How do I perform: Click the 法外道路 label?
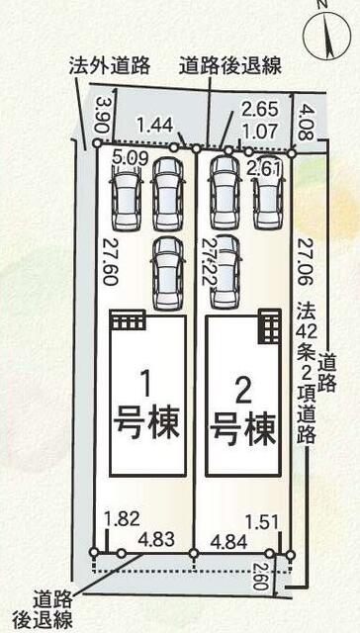pos(110,65)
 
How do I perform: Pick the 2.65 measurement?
pos(258,109)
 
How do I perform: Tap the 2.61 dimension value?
pos(266,169)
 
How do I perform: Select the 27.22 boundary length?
pos(209,260)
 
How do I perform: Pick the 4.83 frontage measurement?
pos(157,539)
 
